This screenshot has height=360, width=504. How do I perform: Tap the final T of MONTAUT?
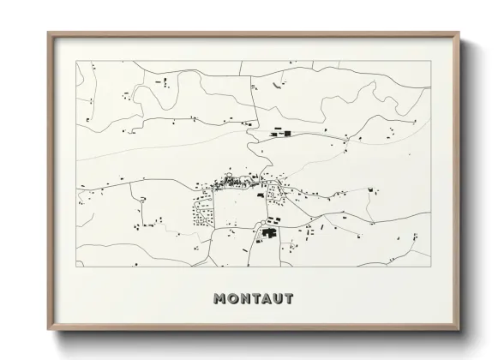[290, 299]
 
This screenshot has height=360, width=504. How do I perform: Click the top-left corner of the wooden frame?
[48, 33]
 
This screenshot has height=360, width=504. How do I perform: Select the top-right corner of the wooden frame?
[458, 33]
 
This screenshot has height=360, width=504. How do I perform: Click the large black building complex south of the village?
[270, 232]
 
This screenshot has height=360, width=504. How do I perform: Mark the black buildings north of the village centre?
[280, 134]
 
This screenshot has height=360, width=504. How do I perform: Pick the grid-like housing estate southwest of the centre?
[204, 210]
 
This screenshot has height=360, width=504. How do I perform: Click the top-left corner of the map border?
[76, 63]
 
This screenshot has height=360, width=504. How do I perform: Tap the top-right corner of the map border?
[429, 63]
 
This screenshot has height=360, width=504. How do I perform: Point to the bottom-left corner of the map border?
[76, 267]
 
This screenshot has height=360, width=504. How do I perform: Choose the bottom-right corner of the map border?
[429, 267]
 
